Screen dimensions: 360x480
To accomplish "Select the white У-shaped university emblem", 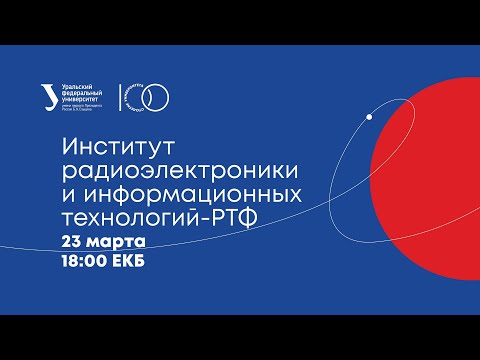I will [71, 95].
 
